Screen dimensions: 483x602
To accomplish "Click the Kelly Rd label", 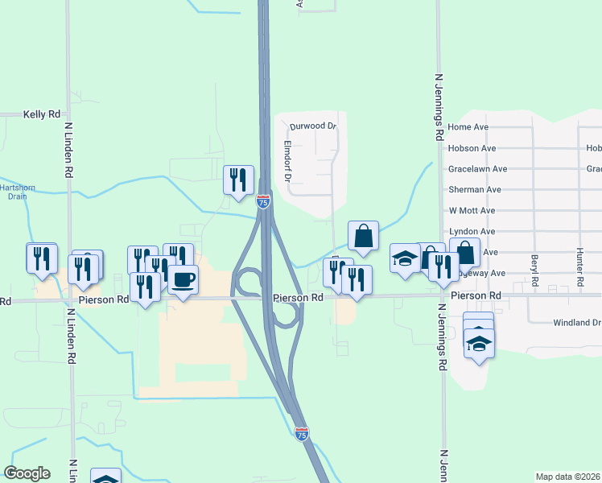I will (42, 115).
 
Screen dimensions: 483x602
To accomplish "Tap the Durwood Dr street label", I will (312, 126).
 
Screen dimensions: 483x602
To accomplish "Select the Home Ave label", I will (468, 127).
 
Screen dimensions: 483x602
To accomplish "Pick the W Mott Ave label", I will (472, 211).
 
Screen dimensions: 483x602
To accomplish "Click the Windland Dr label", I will (576, 323).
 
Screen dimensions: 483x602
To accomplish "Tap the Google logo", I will (27, 473).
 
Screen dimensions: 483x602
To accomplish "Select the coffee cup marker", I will (183, 280).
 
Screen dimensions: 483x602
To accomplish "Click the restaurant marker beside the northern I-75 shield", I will (238, 180).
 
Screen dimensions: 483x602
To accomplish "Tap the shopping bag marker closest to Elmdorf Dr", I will (364, 236).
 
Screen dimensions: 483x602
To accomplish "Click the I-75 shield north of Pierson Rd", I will (263, 202).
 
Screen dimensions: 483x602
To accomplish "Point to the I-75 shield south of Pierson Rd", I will (302, 434).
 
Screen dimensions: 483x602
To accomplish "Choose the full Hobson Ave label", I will (472, 148).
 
